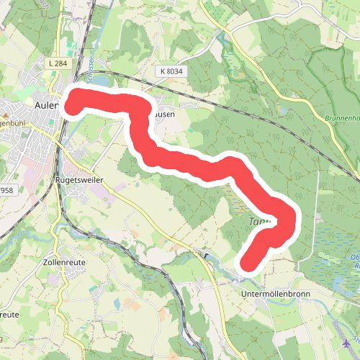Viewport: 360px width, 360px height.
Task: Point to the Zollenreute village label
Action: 65,262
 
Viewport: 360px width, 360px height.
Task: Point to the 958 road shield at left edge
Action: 6,190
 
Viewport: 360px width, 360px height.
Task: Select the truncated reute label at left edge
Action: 9,315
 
